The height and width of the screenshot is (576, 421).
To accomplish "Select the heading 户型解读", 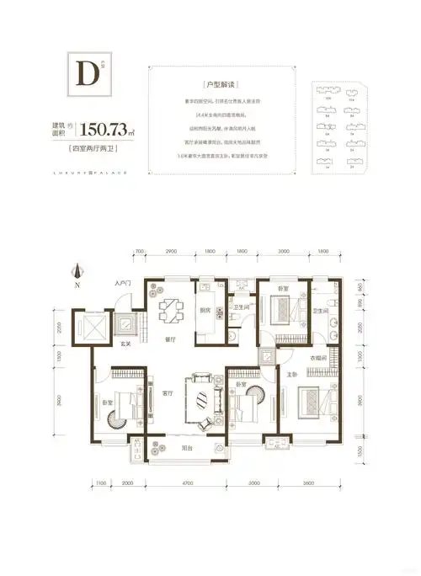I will pyautogui.click(x=216, y=86).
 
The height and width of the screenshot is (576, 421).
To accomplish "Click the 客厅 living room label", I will pyautogui.click(x=168, y=393).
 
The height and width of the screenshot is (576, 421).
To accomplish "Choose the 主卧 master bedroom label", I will pyautogui.click(x=291, y=375).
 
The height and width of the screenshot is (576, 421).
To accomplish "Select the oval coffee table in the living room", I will pyautogui.click(x=202, y=401).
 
